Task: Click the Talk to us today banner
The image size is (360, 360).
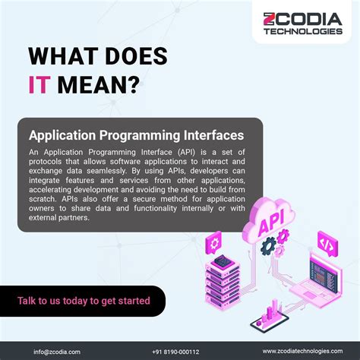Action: pyautogui.click(x=84, y=301)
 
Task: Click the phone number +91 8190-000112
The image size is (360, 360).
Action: pyautogui.click(x=175, y=351)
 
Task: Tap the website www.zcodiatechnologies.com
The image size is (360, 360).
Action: pyautogui.click(x=305, y=351)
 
